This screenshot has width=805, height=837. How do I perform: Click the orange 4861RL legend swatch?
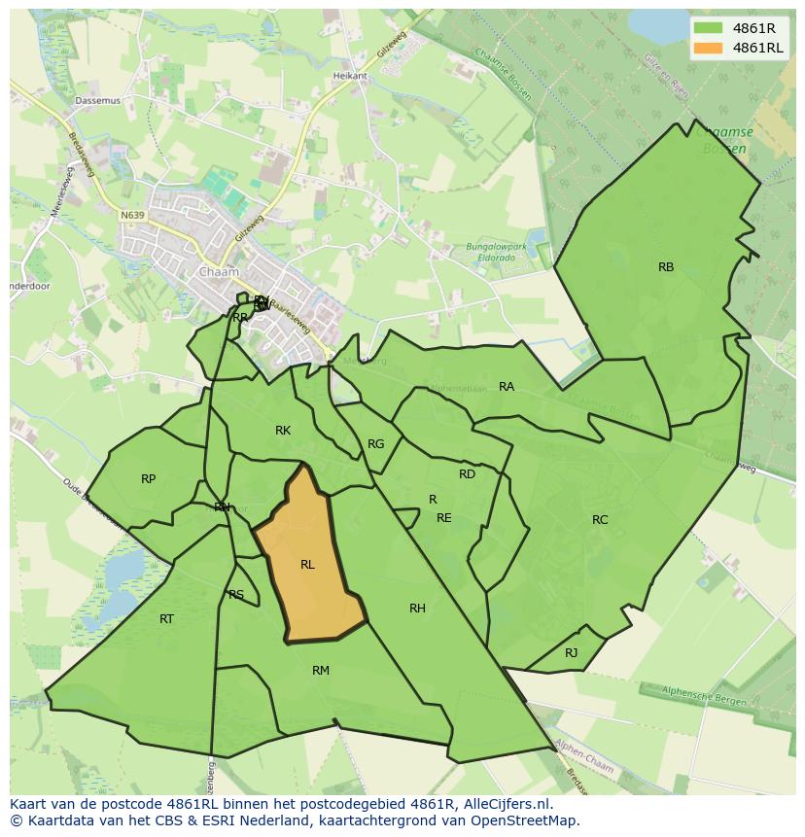tap(709, 48)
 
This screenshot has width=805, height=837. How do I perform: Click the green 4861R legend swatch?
tap(709, 28)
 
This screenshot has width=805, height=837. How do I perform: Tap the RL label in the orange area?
tap(307, 565)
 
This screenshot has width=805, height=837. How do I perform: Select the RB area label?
tap(666, 267)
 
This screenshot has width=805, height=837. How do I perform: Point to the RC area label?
tap(600, 520)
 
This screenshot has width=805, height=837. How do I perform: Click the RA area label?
tap(507, 387)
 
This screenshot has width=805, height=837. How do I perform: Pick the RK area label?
tap(283, 431)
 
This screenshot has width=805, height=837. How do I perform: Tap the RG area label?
tap(376, 444)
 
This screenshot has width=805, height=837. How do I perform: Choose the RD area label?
tap(468, 474)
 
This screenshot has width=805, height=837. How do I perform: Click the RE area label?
tap(444, 518)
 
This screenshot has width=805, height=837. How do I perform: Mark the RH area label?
tap(417, 609)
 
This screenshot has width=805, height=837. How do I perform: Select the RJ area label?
tap(572, 653)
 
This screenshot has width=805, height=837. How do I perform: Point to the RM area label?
tap(321, 671)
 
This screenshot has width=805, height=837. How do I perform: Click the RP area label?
tap(148, 479)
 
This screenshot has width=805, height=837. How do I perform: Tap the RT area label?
tap(166, 619)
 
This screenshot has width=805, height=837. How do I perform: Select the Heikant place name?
tap(350, 76)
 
